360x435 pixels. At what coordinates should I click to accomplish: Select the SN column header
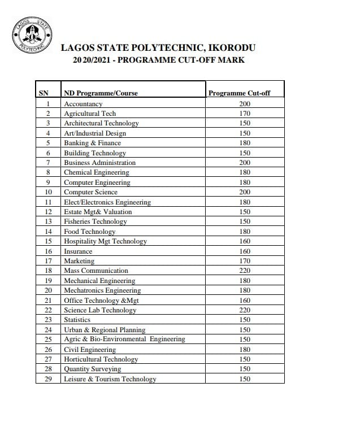click(44, 93)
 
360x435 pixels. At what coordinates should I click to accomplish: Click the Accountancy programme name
click(83, 104)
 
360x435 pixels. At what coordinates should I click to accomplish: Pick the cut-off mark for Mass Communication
click(244, 271)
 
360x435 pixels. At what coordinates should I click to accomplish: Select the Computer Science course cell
click(90, 192)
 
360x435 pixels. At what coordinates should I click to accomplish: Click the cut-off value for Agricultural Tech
click(244, 114)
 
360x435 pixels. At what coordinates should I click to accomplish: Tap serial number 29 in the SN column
click(48, 379)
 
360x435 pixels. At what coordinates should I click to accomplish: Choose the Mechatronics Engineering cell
click(102, 290)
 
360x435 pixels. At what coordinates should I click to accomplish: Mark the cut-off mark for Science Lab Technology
click(244, 310)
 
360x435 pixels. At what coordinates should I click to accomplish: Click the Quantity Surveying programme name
click(92, 369)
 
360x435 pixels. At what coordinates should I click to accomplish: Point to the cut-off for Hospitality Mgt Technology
click(244, 241)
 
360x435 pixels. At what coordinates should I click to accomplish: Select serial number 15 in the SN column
click(48, 241)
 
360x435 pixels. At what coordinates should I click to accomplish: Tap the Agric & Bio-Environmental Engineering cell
click(124, 340)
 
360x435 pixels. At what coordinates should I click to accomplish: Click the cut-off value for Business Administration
click(244, 163)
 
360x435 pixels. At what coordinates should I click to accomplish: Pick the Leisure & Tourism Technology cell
click(110, 379)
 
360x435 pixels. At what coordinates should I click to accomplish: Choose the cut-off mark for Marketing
click(244, 261)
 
